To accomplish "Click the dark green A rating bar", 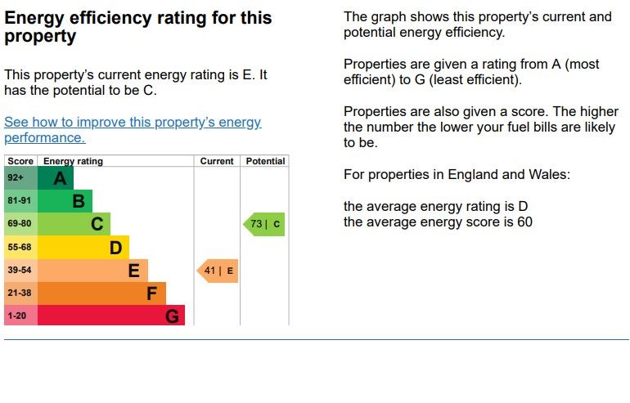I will [56, 178].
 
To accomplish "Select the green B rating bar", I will [65, 201].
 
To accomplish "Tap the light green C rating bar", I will [74, 224].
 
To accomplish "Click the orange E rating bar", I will [92, 271].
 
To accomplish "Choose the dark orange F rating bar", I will [101, 293].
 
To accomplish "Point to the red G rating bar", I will [111, 316].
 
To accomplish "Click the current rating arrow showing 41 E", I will [218, 271].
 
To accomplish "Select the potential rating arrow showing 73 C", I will [264, 224].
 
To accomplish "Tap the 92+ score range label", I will [16, 178].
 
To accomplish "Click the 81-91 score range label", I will [20, 201].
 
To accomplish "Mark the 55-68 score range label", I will [20, 247].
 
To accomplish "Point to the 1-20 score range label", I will [17, 316].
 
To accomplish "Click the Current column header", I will [217, 161].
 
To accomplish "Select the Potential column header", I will [266, 161].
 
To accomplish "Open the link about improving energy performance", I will [133, 123].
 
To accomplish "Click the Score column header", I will [20, 161].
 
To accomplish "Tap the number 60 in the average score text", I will [524, 222].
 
